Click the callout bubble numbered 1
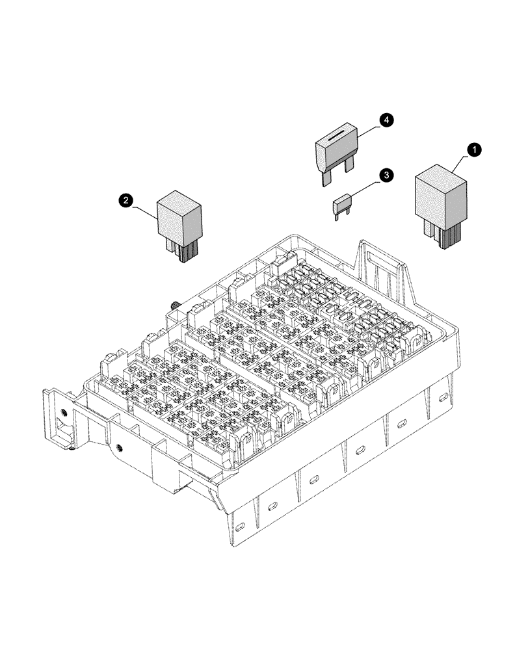click(475, 149)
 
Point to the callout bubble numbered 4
click(386, 120)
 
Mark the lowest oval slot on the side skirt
click(241, 526)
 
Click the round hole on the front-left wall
click(119, 447)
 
